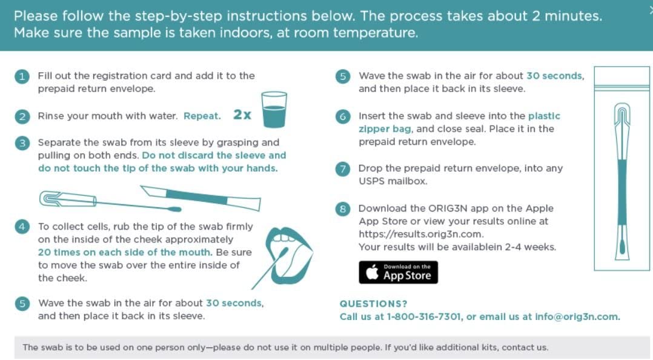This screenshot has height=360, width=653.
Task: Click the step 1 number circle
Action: click(x=22, y=76)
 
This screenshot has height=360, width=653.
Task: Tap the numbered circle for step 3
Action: click(x=22, y=143)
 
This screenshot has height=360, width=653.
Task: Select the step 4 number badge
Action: click(x=22, y=227)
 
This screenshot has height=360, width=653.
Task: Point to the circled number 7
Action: click(x=343, y=169)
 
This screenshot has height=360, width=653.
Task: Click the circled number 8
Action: click(x=343, y=208)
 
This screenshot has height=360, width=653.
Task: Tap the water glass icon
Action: click(x=274, y=110)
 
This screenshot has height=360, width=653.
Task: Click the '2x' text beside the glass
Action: click(x=242, y=115)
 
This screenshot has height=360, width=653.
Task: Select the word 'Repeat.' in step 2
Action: click(x=202, y=116)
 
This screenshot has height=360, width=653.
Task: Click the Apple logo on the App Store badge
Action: click(x=372, y=272)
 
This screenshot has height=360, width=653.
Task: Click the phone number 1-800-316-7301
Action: click(x=424, y=316)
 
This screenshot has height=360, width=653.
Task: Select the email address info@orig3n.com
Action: click(x=577, y=316)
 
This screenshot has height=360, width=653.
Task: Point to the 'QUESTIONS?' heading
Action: click(x=374, y=304)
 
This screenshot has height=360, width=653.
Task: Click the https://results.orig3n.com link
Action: click(x=420, y=234)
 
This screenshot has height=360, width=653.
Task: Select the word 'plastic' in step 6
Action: click(x=545, y=116)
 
